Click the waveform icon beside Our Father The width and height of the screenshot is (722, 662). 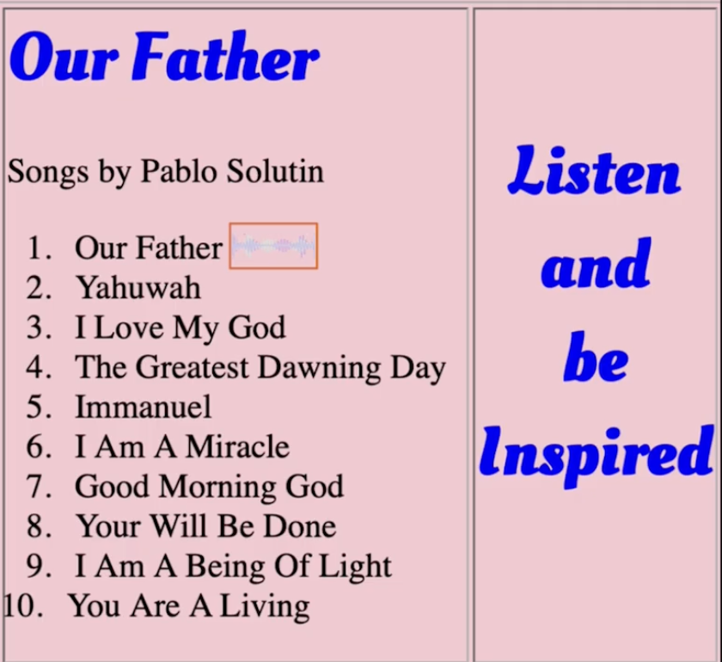pos(273,246)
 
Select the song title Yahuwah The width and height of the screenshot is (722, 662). pos(138,288)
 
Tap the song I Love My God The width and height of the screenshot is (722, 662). pos(180,328)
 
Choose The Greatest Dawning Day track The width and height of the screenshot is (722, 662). pos(260,368)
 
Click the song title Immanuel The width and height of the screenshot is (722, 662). pos(144,408)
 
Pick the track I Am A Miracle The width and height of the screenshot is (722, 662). pos(182,447)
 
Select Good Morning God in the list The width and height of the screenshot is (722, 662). pos(209,487)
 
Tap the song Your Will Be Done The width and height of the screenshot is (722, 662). pos(205,526)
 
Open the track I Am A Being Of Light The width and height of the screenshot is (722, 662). pos(233,567)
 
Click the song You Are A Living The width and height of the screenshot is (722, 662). pos(189,607)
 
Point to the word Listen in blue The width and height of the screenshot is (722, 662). pos(594,169)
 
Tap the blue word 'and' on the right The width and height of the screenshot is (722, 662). pos(596,265)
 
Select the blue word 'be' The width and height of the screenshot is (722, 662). pos(596,358)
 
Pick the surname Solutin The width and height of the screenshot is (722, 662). pos(276,171)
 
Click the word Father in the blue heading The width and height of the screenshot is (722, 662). pos(225,57)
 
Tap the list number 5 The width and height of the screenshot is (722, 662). pos(38,408)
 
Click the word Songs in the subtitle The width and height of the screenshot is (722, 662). pos(48,172)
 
